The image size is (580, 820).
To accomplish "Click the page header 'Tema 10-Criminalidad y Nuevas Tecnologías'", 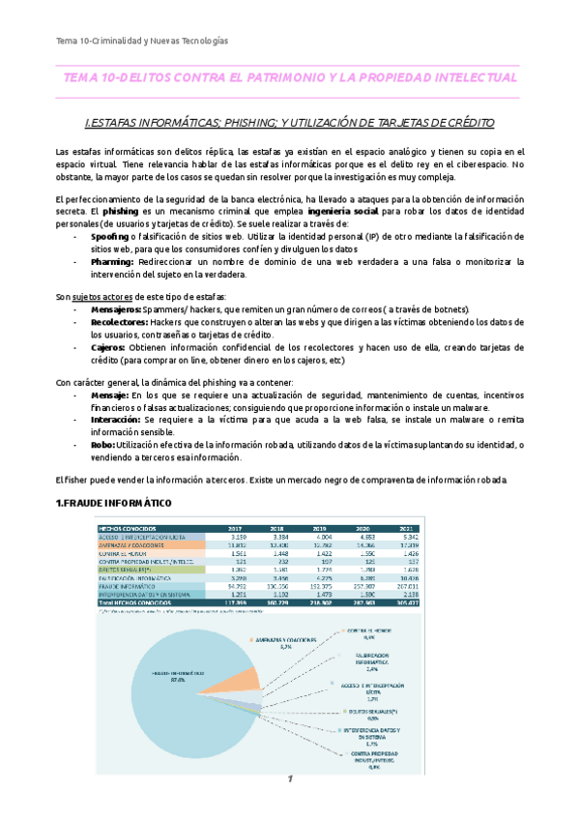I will tap(141, 41).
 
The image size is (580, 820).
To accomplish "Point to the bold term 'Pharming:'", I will tap(115, 261).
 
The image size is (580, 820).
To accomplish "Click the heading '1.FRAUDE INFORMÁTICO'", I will tap(114, 505).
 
